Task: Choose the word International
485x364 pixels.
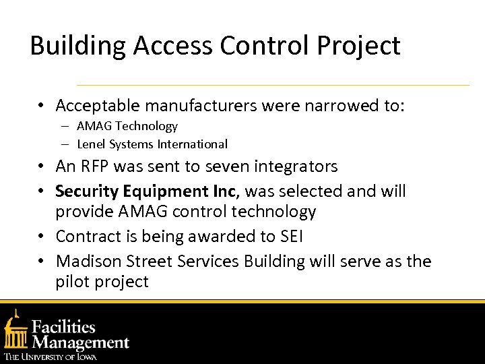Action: [x=193, y=144]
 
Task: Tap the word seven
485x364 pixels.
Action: [x=226, y=166]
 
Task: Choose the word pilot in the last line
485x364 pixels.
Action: [x=72, y=282]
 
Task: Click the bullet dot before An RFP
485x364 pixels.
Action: [x=41, y=167]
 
